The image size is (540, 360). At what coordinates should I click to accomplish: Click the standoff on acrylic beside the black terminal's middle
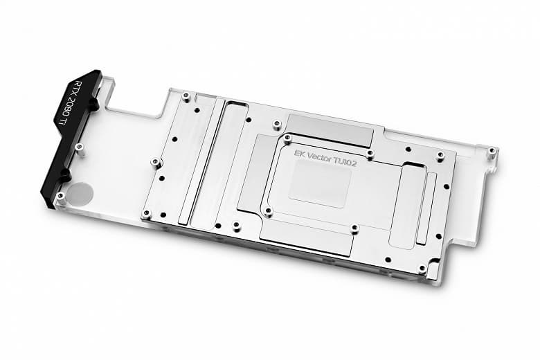click(79, 147)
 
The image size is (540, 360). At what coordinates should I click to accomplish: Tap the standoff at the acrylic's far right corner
click(491, 150)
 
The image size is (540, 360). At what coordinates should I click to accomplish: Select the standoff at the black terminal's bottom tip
click(60, 197)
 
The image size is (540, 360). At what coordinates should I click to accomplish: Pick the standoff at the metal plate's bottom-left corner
click(146, 213)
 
